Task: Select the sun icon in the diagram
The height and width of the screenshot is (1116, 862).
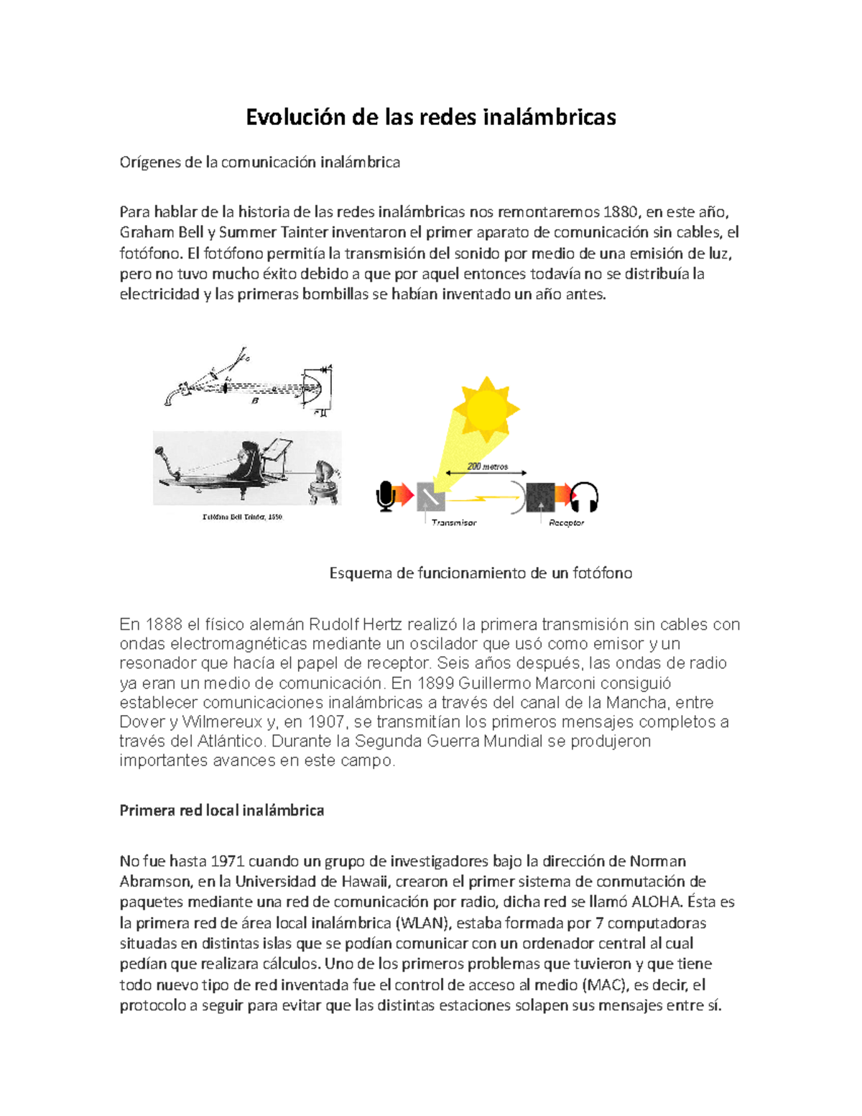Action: tap(486, 407)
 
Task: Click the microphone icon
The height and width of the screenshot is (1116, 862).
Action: tap(386, 497)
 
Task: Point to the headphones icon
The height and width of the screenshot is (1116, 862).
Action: tap(585, 497)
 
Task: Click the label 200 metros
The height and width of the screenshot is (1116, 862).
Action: tap(487, 466)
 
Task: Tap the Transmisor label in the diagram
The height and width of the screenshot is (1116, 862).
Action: tap(454, 522)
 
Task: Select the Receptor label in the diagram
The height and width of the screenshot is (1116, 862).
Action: tap(566, 522)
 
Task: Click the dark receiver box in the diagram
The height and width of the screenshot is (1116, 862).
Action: tap(540, 497)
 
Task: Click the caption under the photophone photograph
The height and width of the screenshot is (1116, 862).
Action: tap(243, 517)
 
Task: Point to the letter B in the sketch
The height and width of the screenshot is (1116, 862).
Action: tap(254, 401)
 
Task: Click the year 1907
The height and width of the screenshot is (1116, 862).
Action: tap(326, 721)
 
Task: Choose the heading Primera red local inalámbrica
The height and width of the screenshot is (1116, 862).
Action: tap(221, 811)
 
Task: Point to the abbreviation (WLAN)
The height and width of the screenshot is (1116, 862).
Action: tap(422, 923)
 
